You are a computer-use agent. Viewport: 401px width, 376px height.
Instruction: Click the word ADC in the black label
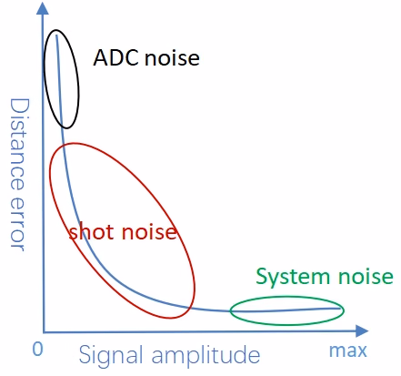(x=116, y=57)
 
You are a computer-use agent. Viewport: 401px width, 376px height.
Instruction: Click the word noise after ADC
(x=172, y=57)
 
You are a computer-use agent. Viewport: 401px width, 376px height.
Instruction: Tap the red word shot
(x=92, y=232)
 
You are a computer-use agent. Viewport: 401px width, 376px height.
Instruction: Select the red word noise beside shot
(x=149, y=232)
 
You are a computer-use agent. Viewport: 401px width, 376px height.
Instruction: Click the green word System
(x=293, y=277)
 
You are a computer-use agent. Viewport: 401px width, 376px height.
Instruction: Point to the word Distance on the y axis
(x=20, y=145)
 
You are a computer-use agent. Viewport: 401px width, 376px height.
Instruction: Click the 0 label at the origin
(x=37, y=350)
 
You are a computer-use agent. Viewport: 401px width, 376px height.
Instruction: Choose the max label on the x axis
(x=348, y=351)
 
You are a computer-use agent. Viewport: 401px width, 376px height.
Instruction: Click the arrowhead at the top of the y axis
(x=43, y=8)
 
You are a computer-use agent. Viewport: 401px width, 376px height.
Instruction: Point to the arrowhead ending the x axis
(x=362, y=330)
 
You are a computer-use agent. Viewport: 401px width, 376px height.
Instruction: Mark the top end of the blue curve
(x=56, y=36)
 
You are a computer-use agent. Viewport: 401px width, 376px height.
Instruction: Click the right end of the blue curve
(x=340, y=309)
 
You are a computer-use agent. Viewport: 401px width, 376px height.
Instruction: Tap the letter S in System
(x=262, y=276)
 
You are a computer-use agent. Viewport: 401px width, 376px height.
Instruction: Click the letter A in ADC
(x=101, y=57)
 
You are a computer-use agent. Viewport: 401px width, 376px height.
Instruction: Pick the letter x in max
(x=362, y=351)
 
